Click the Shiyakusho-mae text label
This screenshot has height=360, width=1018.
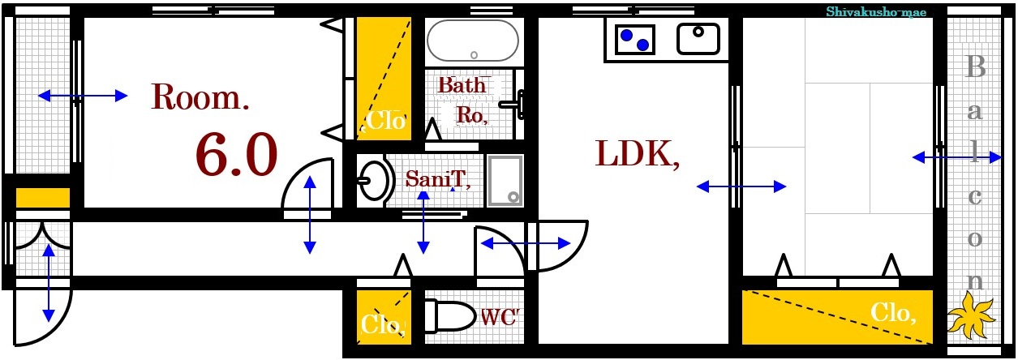(876, 12)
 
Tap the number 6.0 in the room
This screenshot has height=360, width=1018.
(236, 155)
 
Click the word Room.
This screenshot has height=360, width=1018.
(200, 96)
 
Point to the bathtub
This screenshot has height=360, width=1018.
(473, 41)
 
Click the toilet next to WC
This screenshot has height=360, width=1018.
(450, 315)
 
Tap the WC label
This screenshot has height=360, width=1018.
(500, 317)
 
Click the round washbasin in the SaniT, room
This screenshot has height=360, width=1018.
(376, 181)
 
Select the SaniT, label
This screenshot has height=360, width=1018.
(438, 178)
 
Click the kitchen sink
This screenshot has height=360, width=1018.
(698, 39)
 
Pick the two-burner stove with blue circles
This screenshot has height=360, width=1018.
(635, 40)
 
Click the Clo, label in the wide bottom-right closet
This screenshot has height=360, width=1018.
(893, 313)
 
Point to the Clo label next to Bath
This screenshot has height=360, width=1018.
(385, 121)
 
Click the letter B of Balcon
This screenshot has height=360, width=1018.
(975, 66)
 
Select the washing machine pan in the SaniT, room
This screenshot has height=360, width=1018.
(505, 181)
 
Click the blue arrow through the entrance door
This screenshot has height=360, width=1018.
(49, 283)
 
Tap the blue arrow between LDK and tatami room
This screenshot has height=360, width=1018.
(741, 186)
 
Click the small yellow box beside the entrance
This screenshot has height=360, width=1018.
(43, 198)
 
